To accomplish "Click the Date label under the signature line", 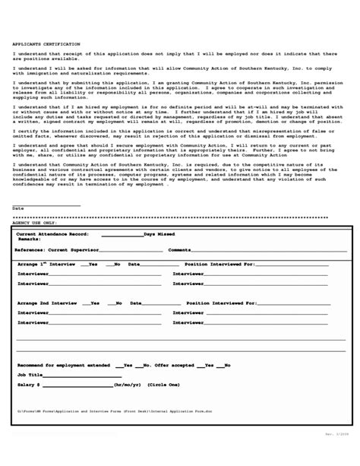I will point(18,208).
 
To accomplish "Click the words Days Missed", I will point(159,235).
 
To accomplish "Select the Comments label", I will point(180,249).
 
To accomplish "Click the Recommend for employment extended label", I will point(63,365).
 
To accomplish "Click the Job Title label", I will point(28,375).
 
